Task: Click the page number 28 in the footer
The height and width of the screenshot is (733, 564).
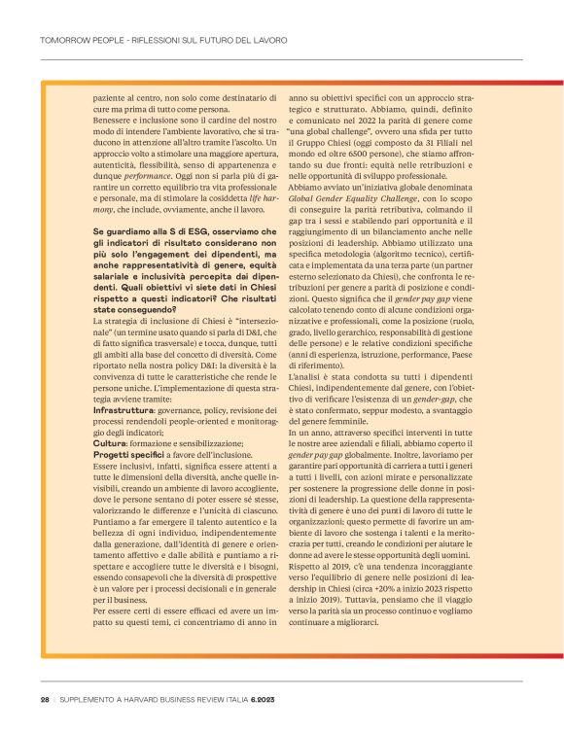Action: coord(45,699)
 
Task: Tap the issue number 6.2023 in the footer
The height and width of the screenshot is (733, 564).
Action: coord(263,699)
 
